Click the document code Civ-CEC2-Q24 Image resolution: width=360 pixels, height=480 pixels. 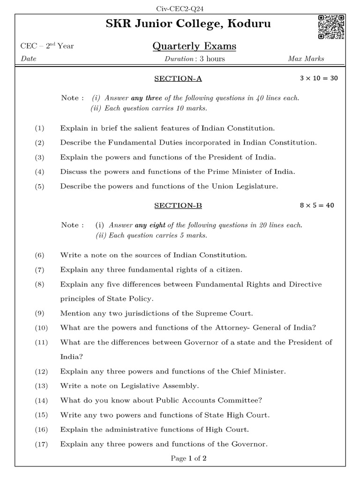tap(180, 8)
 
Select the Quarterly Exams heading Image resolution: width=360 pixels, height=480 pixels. tap(194, 46)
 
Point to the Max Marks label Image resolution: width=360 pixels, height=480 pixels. tap(306, 59)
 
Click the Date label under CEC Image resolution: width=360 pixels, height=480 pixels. tap(29, 59)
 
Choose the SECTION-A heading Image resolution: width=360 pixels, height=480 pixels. tap(178, 78)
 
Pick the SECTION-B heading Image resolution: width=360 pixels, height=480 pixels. tap(178, 205)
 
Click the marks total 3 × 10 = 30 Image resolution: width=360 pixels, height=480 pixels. tap(319, 78)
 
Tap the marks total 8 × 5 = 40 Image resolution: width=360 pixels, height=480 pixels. tap(317, 205)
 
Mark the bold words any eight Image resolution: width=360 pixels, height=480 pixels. tap(150, 225)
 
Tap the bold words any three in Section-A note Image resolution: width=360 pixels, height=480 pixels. tap(147, 98)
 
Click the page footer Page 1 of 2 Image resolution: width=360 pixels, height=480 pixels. tap(189, 458)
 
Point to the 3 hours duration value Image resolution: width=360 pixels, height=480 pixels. tap(212, 59)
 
